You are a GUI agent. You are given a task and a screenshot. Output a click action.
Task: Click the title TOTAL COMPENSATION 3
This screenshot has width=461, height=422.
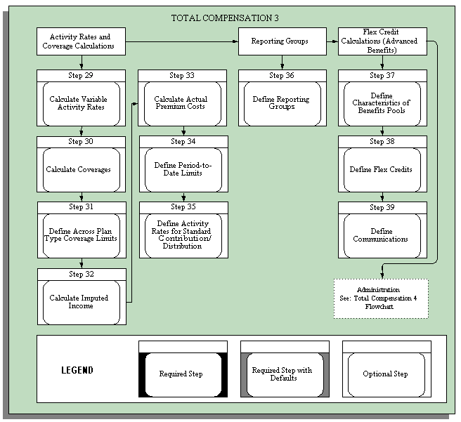click(x=230, y=18)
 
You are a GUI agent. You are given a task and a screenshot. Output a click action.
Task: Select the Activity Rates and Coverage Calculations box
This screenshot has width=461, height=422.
click(x=81, y=41)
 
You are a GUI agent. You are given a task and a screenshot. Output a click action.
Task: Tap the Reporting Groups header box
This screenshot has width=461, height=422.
click(x=282, y=41)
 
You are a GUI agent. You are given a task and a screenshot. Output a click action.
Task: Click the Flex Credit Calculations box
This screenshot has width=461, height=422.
click(x=382, y=41)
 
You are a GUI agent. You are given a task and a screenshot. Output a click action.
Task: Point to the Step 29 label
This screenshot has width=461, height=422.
click(x=81, y=75)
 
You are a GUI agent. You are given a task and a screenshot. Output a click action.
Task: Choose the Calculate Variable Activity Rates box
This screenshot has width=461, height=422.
click(x=81, y=103)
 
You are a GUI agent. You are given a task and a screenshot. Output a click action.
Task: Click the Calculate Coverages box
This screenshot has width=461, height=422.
click(x=81, y=169)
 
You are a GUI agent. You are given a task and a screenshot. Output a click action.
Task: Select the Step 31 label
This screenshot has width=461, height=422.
click(x=81, y=206)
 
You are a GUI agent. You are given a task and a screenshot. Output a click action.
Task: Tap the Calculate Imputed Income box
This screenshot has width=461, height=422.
click(x=81, y=302)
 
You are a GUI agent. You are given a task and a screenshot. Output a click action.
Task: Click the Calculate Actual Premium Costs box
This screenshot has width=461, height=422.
click(x=183, y=103)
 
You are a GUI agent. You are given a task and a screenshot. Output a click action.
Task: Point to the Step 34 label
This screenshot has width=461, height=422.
click(x=183, y=141)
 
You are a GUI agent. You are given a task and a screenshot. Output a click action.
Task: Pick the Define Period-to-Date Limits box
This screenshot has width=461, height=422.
click(x=183, y=169)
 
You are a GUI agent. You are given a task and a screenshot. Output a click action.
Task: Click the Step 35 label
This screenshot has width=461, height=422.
click(x=183, y=206)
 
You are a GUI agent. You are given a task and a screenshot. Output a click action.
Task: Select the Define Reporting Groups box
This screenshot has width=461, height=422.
click(x=282, y=103)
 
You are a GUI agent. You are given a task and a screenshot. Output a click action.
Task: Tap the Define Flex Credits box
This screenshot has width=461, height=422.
click(x=382, y=169)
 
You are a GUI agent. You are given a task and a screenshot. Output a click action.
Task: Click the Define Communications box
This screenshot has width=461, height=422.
click(x=382, y=235)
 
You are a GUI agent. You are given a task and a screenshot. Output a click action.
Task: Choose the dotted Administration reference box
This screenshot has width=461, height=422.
click(x=380, y=298)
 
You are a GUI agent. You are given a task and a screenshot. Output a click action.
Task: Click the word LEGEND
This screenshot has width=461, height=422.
click(x=77, y=370)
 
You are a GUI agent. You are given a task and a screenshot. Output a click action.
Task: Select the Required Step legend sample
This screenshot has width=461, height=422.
click(x=182, y=374)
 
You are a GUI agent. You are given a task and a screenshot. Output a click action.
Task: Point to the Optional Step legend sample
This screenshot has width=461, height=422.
click(x=386, y=374)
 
